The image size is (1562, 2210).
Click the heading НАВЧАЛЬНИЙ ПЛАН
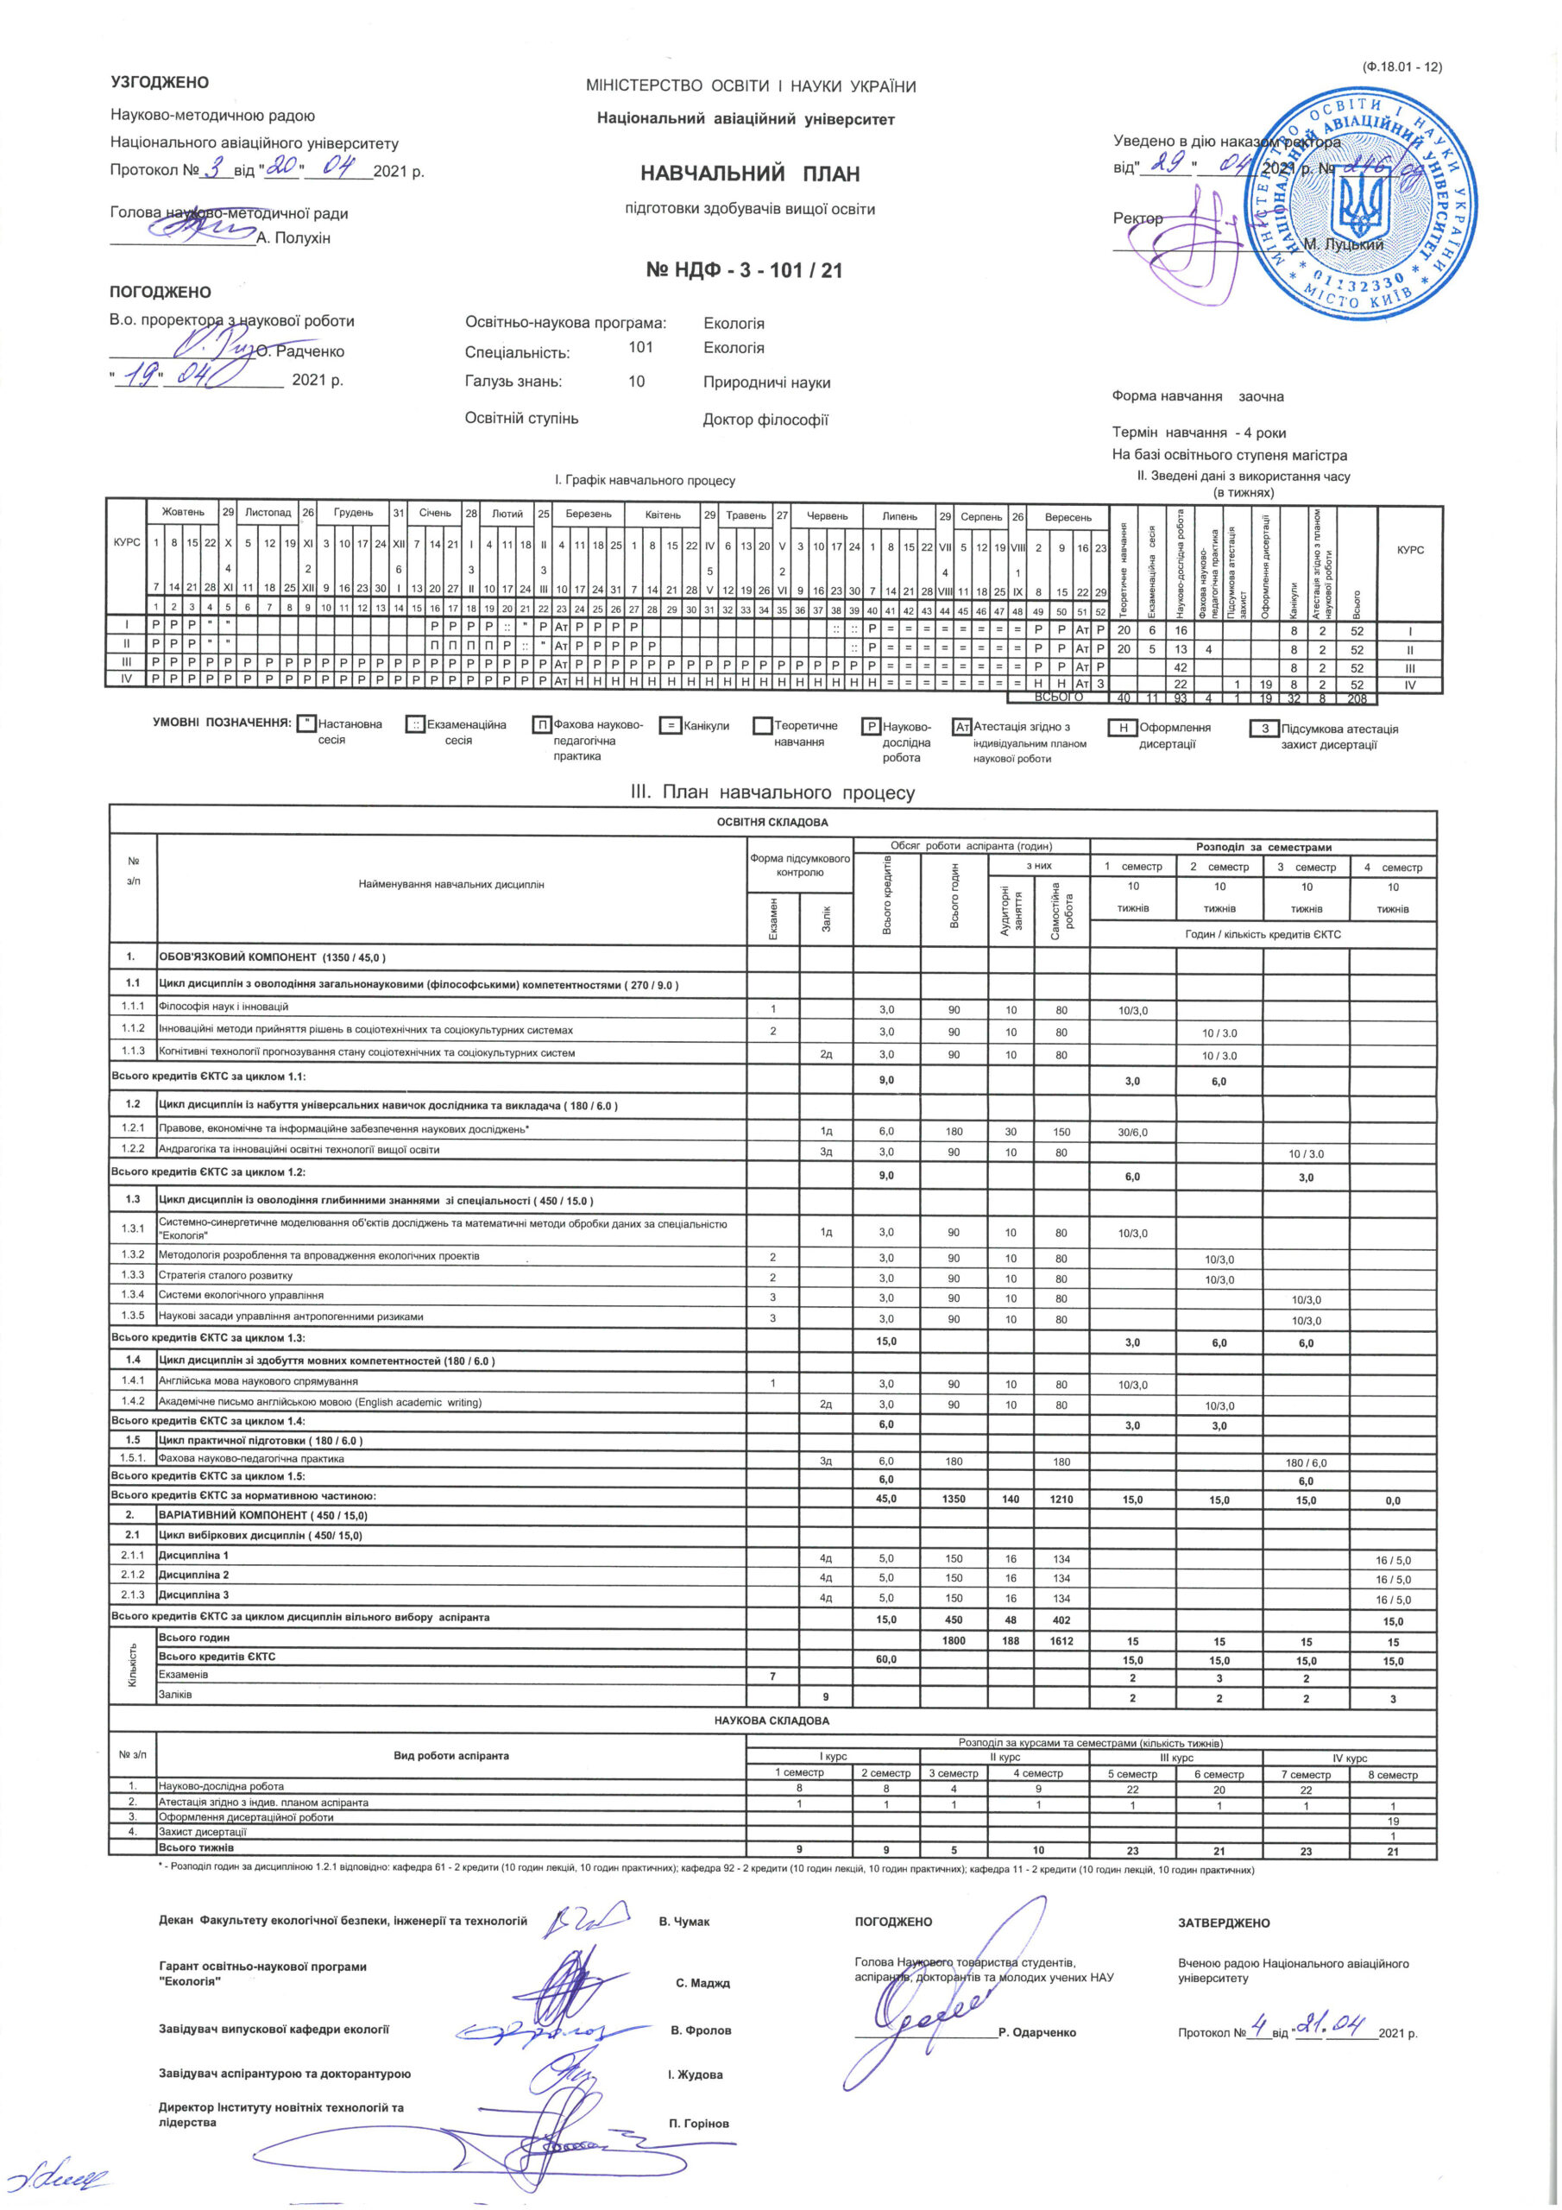coord(751,174)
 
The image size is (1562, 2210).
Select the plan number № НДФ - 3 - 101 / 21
coord(744,270)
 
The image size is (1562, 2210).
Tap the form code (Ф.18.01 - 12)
coord(1401,67)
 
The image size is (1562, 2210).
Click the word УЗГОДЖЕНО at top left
coord(160,84)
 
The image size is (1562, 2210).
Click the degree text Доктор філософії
coord(765,420)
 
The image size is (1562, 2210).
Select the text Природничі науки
coord(766,383)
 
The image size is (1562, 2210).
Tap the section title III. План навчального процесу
coord(772,793)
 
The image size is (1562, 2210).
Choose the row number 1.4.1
coord(133,1381)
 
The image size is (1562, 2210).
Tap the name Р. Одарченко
coord(1036,2033)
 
